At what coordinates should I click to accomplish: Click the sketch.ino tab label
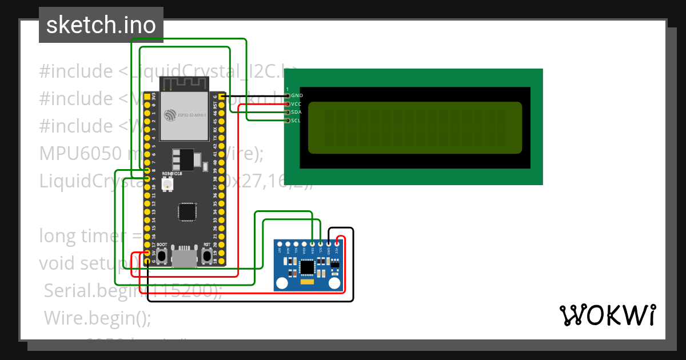click(x=101, y=25)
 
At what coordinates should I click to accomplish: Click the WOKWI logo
click(x=607, y=315)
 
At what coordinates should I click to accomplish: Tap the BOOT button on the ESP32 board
click(x=162, y=255)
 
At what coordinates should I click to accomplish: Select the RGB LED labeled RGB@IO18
click(x=167, y=184)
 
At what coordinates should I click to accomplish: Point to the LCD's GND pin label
click(x=296, y=95)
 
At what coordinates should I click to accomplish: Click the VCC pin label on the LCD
click(x=296, y=104)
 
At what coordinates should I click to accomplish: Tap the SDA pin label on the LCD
click(x=296, y=113)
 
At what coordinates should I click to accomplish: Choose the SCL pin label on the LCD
click(x=296, y=121)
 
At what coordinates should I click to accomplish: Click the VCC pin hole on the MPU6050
click(x=337, y=244)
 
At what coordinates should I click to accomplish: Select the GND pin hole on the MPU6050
click(x=329, y=244)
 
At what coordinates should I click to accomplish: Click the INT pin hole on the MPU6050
click(x=280, y=244)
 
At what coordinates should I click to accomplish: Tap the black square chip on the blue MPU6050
click(x=308, y=266)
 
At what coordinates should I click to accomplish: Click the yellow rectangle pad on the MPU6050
click(x=308, y=282)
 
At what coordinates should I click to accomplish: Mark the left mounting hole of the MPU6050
click(x=281, y=283)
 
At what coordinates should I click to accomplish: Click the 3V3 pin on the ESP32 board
click(x=147, y=98)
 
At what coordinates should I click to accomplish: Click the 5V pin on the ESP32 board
click(x=147, y=253)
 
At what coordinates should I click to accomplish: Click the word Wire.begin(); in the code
click(x=97, y=317)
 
